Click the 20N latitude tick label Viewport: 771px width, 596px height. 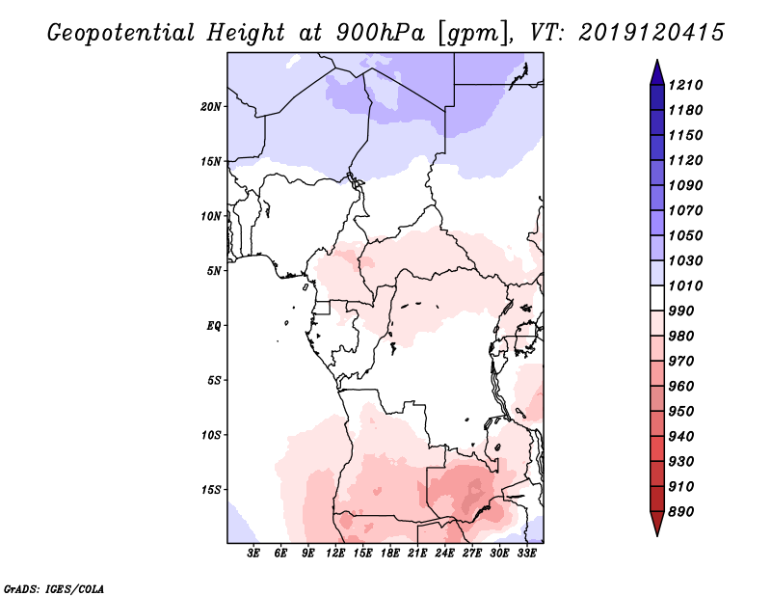point(211,106)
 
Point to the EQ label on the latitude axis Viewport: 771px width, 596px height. point(214,325)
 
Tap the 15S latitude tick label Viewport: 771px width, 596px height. point(211,489)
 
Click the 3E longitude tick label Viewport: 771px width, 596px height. point(254,554)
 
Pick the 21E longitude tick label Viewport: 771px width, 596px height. point(418,554)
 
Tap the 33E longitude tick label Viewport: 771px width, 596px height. point(527,554)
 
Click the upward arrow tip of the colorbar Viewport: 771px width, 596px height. point(655,62)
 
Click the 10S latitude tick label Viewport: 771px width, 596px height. point(211,434)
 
